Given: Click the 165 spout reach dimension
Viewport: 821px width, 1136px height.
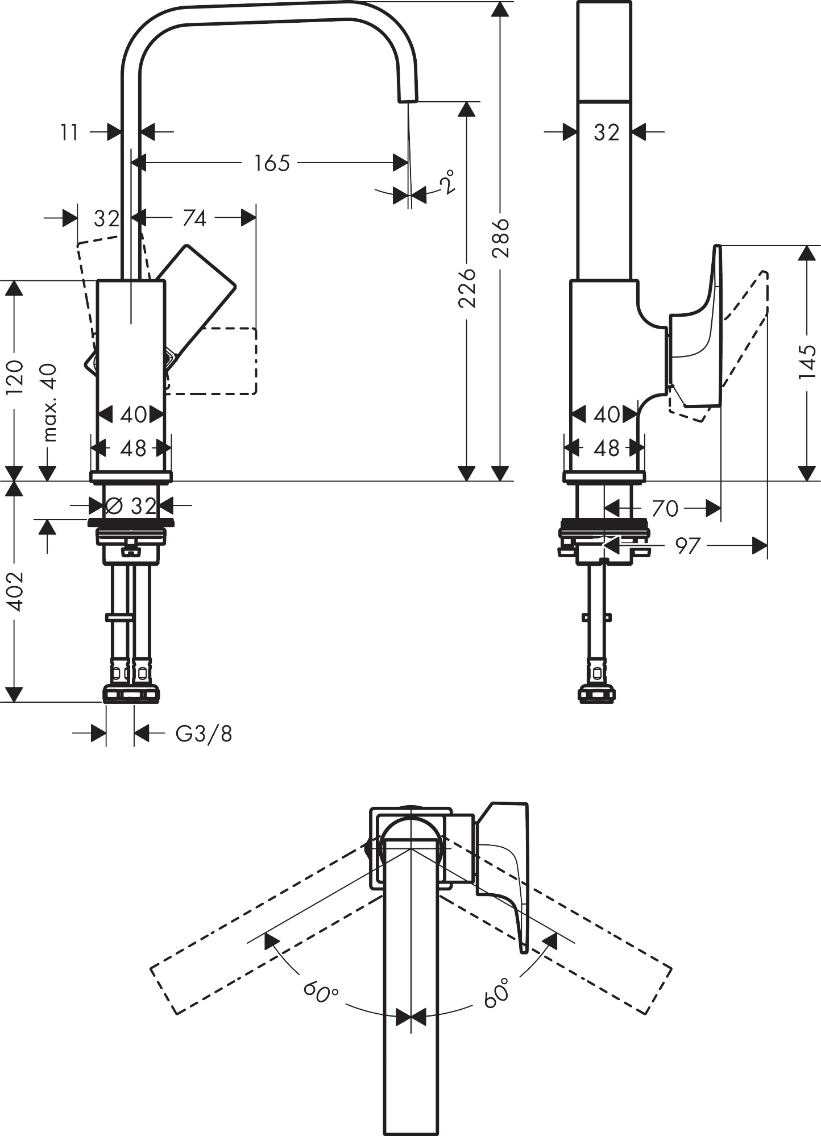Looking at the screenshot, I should pyautogui.click(x=272, y=163).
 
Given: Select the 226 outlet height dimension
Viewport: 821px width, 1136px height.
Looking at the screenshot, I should pyautogui.click(x=467, y=288).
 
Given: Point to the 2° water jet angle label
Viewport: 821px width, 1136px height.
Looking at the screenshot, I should pyautogui.click(x=447, y=182).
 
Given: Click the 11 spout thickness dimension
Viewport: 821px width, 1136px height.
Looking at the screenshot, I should pyautogui.click(x=69, y=133).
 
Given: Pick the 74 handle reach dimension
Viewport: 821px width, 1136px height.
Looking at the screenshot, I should pyautogui.click(x=194, y=218).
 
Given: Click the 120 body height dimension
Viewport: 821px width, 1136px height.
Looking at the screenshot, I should pyautogui.click(x=14, y=378).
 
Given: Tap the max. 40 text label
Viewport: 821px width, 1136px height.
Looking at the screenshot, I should pyautogui.click(x=50, y=403).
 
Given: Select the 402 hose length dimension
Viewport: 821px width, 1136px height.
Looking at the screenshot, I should pyautogui.click(x=14, y=591).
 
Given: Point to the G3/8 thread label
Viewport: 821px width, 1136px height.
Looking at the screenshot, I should pyautogui.click(x=204, y=734).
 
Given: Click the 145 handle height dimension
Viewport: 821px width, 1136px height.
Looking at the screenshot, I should pyautogui.click(x=807, y=362).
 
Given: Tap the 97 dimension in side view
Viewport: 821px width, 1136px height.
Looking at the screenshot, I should pyautogui.click(x=687, y=546).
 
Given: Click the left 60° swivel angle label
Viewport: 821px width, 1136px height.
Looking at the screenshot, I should pyautogui.click(x=320, y=993).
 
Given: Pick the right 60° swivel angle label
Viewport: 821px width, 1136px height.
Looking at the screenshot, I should pyautogui.click(x=496, y=993).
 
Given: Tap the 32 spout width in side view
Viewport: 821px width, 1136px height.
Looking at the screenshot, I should pyautogui.click(x=606, y=132).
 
